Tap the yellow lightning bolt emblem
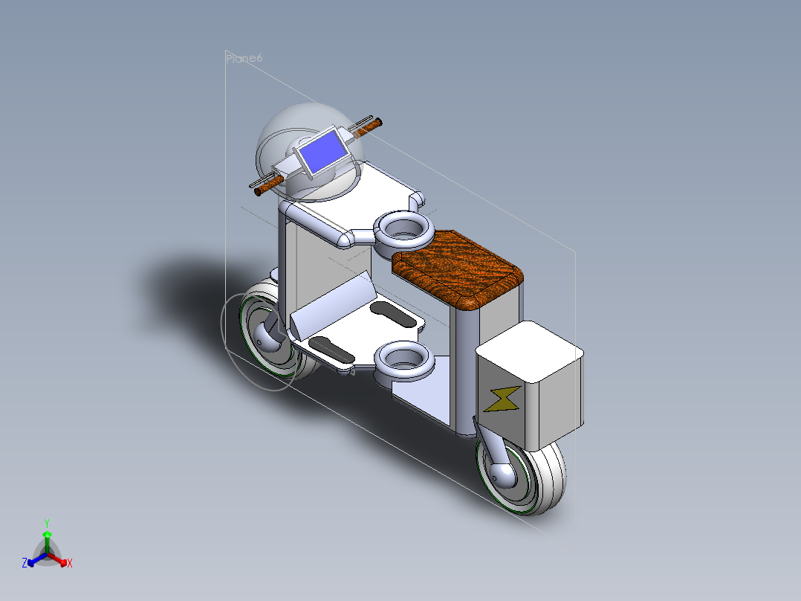(503, 399)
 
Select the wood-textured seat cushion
(459, 266)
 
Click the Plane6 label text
(244, 58)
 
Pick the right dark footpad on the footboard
(394, 314)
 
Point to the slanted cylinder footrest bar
(333, 303)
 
